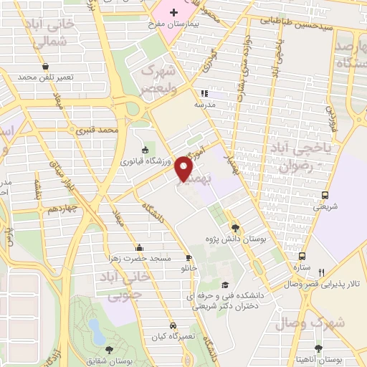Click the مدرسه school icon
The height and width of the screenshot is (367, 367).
(x=204, y=93)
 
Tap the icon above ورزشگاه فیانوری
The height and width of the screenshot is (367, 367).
(x=146, y=150)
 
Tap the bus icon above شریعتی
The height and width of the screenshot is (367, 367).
(x=325, y=195)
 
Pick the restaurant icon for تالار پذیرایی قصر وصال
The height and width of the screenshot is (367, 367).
(x=322, y=272)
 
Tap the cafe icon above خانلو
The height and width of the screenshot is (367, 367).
(x=189, y=257)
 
